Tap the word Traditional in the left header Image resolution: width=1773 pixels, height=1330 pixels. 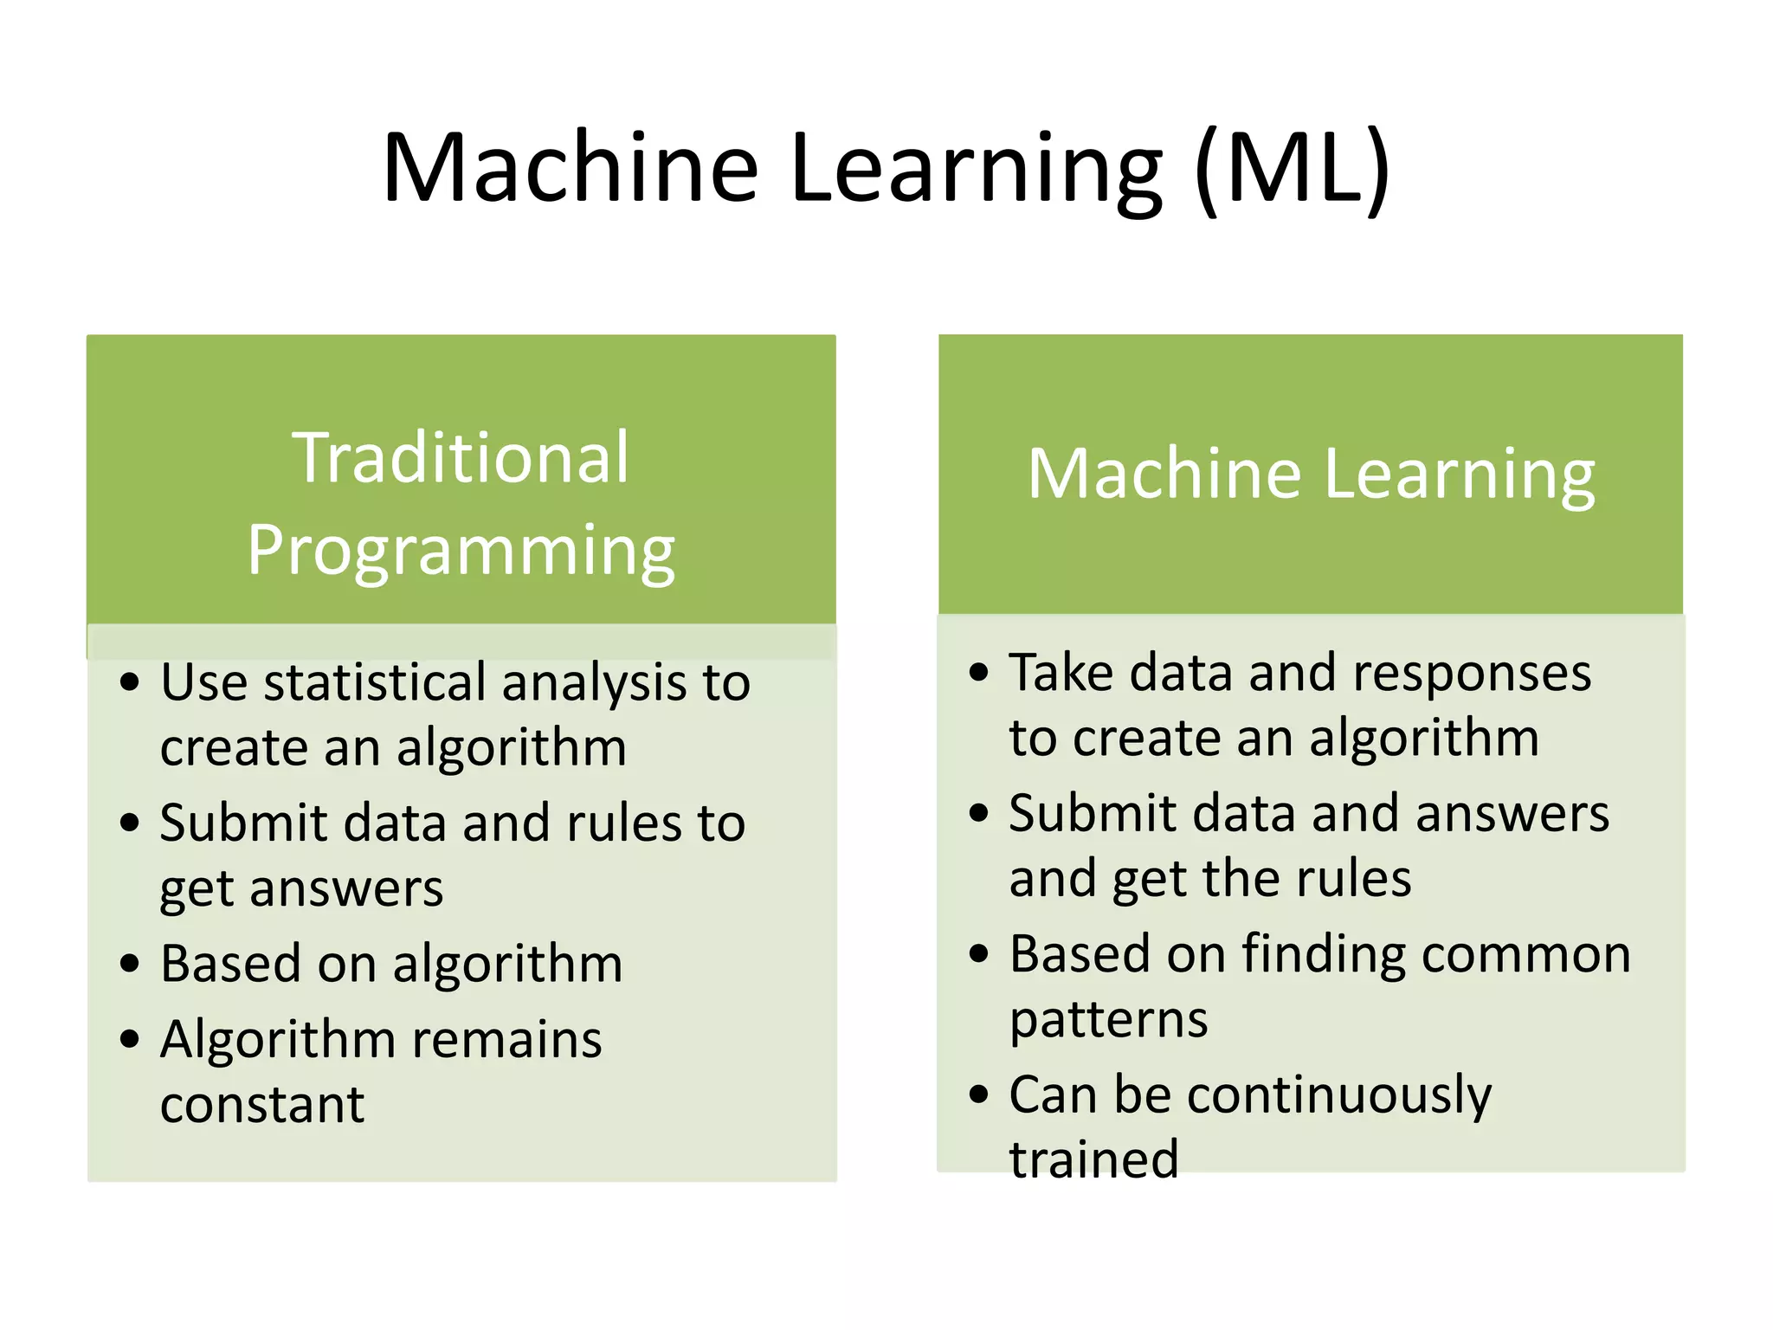pos(461,458)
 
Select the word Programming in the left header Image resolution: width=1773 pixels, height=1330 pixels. pos(461,552)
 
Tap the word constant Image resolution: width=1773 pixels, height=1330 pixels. pos(262,1105)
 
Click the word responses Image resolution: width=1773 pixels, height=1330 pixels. pos(1472,673)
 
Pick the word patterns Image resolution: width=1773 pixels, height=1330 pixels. pos(1109,1019)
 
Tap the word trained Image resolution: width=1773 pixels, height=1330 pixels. pos(1094,1159)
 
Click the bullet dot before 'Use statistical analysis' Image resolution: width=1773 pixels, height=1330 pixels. pos(130,682)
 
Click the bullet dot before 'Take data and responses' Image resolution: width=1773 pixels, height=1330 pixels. pos(978,672)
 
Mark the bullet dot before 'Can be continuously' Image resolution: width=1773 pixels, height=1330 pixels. pos(978,1094)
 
